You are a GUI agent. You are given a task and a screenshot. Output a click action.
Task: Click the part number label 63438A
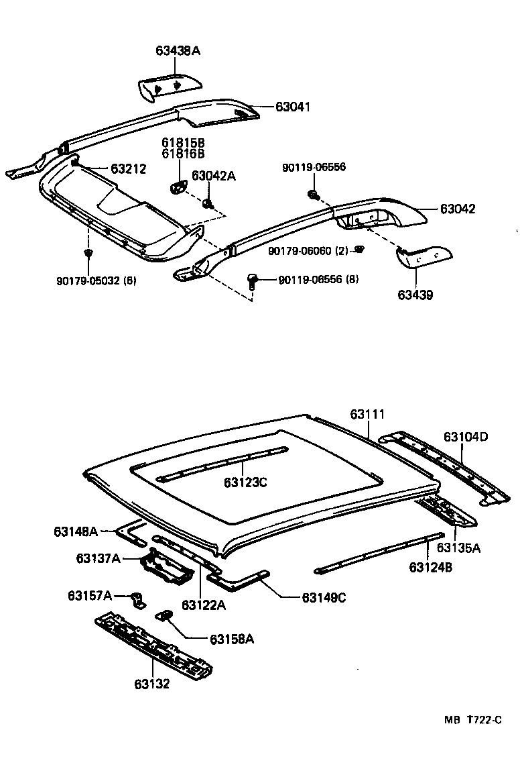tap(178, 50)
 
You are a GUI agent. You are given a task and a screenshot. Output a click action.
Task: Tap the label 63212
tap(129, 168)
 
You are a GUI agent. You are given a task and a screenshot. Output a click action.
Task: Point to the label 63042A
tap(214, 176)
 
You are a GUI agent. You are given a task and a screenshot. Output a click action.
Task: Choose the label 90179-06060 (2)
tap(309, 250)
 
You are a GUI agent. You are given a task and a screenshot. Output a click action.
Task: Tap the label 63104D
tap(466, 437)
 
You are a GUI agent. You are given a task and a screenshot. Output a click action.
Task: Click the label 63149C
tap(324, 597)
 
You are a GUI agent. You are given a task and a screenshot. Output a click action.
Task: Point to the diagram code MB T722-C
tap(472, 720)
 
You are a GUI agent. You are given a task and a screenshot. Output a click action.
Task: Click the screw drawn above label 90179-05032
tap(88, 252)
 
